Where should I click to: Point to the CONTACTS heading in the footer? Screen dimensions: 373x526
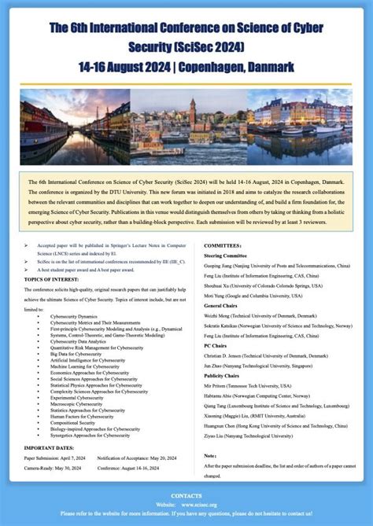point(186,495)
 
